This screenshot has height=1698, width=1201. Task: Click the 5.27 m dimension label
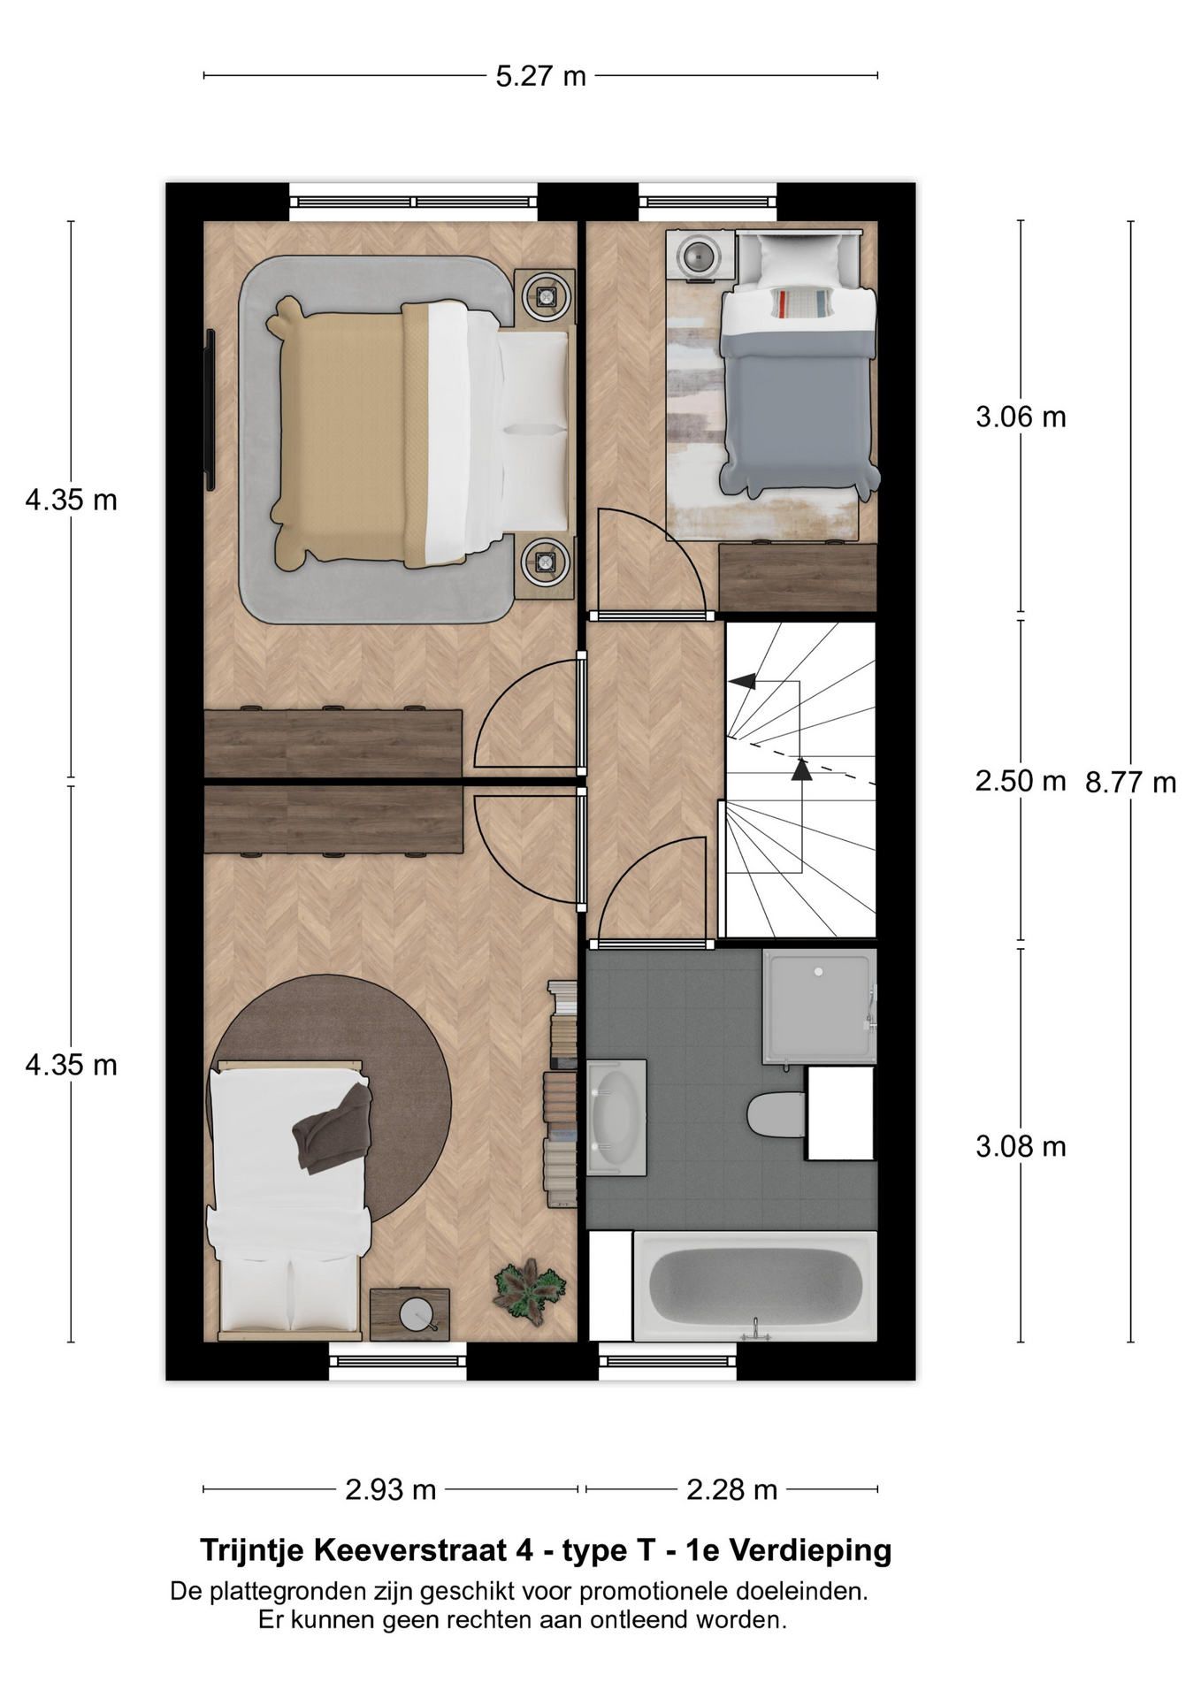pos(540,77)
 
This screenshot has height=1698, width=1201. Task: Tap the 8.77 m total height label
pos(1130,783)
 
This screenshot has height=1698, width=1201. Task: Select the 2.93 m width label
pos(390,1490)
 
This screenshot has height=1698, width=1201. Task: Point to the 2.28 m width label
pos(731,1490)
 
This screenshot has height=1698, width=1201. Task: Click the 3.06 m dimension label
pos(1021,417)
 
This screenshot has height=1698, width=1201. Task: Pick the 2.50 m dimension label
pos(1021,781)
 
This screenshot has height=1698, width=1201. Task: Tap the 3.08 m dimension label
pos(1021,1147)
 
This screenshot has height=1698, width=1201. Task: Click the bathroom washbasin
pos(616,1118)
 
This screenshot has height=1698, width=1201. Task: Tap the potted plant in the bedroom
pos(530,1291)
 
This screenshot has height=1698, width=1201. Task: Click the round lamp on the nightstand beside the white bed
pos(416,1314)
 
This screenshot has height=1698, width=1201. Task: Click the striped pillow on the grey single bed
pos(801,302)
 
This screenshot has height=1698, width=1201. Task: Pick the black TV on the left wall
pos(210,409)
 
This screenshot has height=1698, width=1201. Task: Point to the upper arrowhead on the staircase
pos(742,680)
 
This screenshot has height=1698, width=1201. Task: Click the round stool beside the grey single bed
pos(700,256)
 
